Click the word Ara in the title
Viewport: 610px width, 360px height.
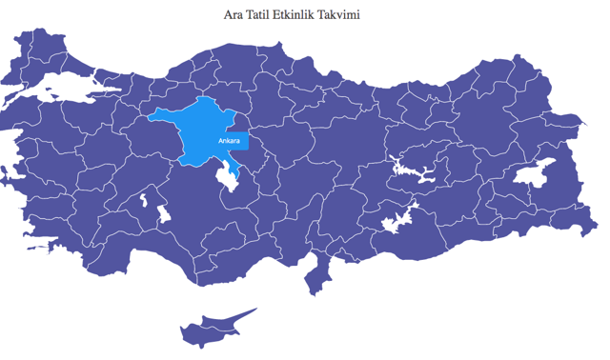[x=234, y=15]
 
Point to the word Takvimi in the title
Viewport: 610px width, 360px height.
[x=343, y=15]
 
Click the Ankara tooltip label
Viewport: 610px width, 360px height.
[x=229, y=141]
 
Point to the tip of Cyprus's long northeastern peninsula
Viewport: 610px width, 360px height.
[x=254, y=310]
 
